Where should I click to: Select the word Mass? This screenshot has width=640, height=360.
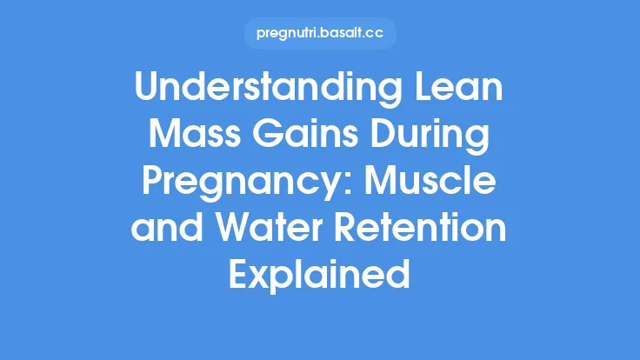point(182,138)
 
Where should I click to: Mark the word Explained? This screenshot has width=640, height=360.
point(320,277)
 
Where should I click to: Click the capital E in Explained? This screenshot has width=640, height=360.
point(238,276)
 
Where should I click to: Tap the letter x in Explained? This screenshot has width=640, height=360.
point(258,277)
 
